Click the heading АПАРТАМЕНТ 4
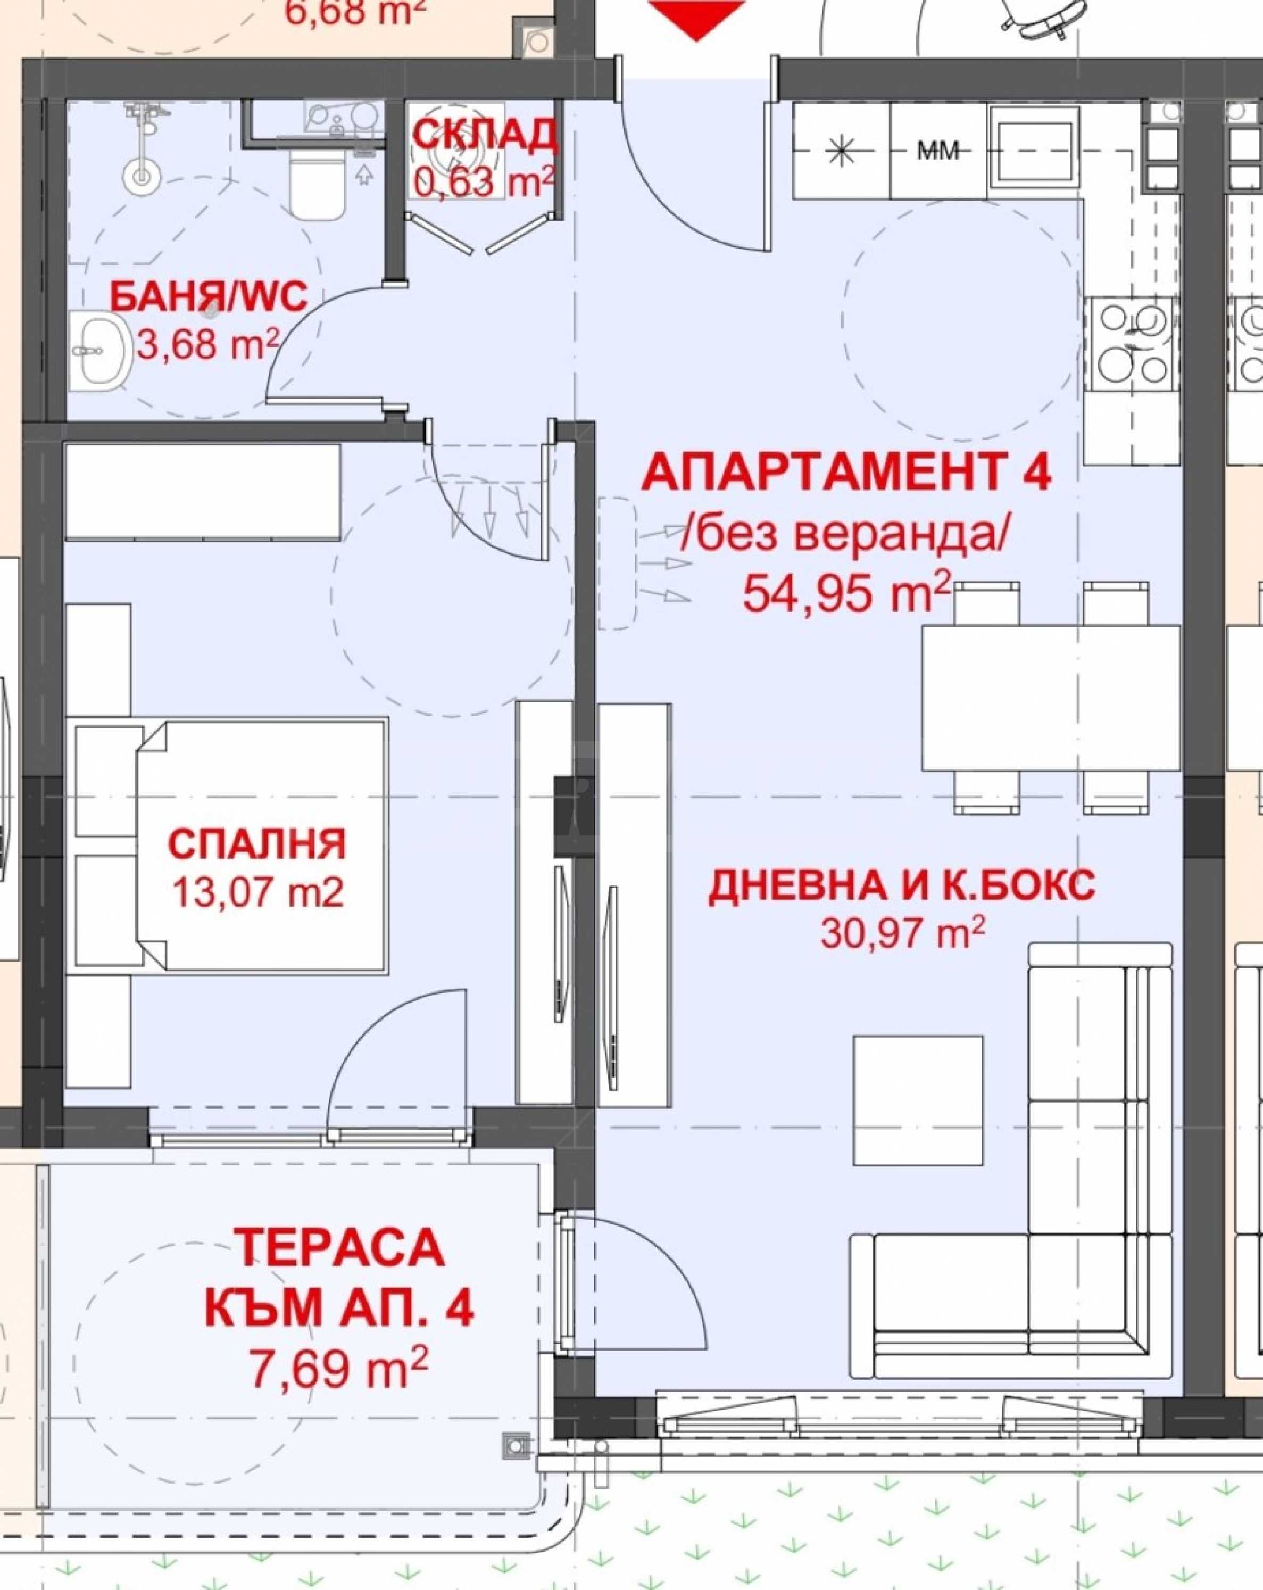tap(846, 474)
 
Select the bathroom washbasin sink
tap(99, 350)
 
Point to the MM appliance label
tap(938, 151)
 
